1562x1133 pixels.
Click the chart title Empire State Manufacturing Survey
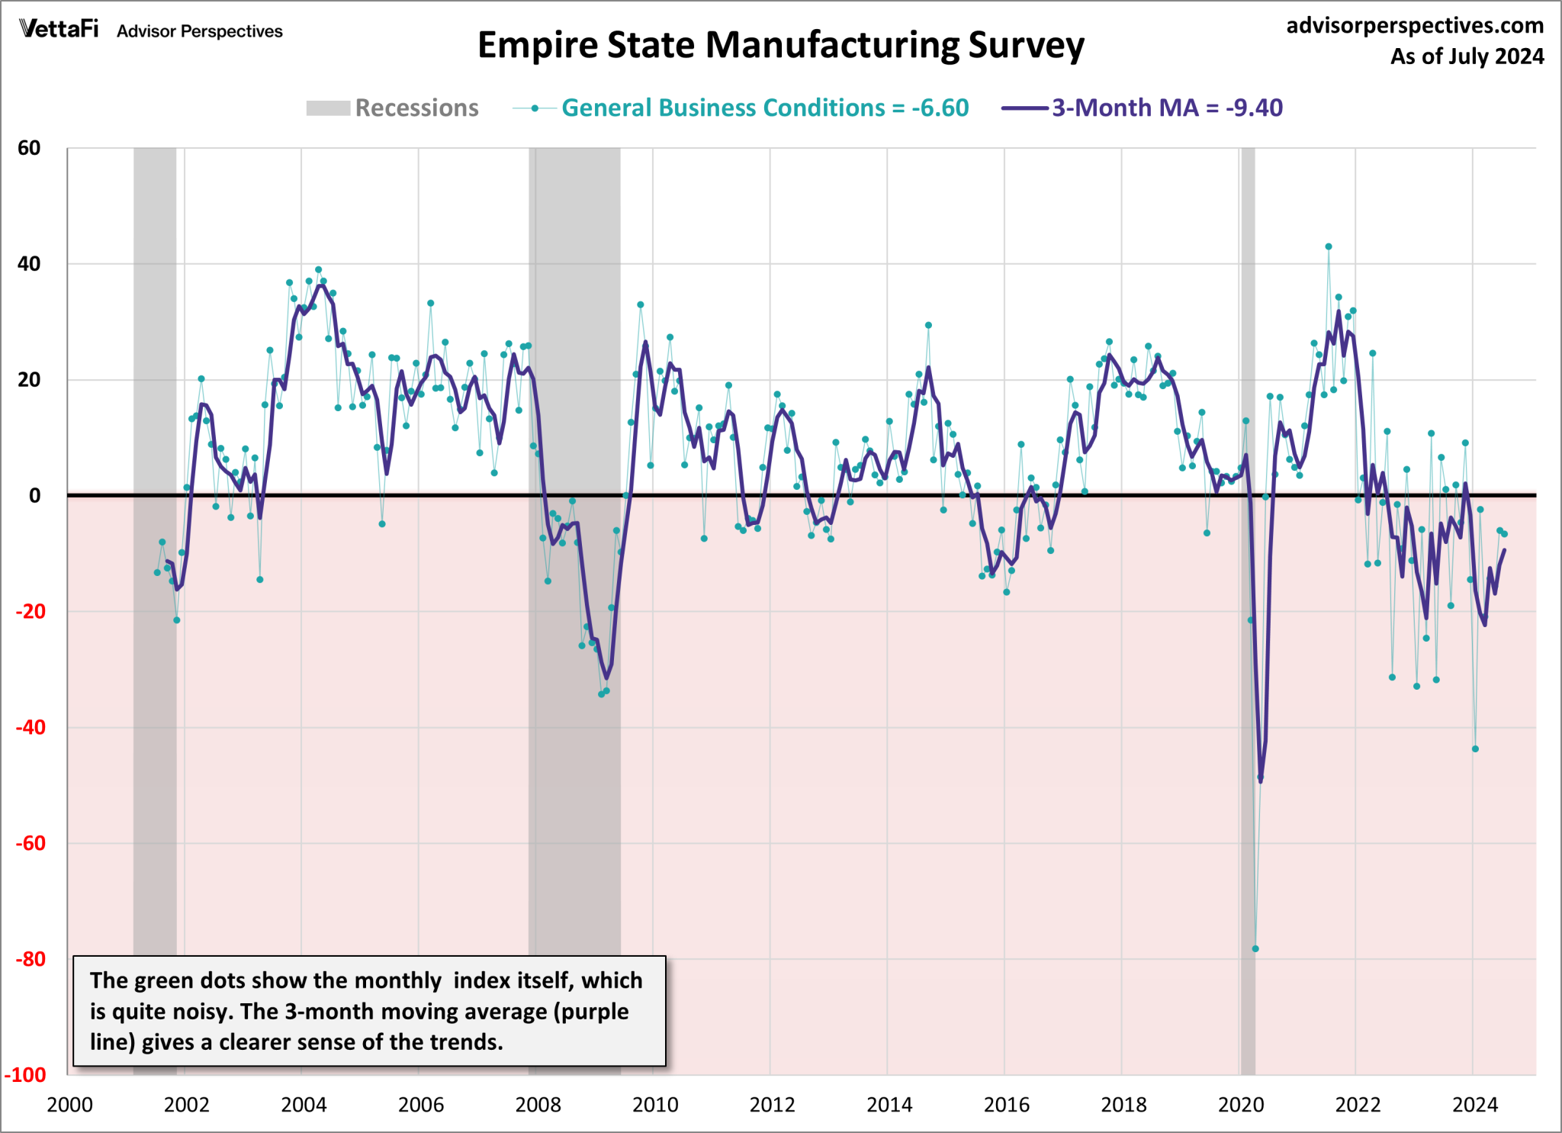[780, 45]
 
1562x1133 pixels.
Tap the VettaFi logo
[59, 29]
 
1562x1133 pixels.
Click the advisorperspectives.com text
[1415, 26]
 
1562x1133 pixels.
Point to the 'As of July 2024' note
[1467, 57]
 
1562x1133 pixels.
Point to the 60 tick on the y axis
[29, 148]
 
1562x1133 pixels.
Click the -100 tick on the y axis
[25, 1075]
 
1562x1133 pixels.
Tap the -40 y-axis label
[29, 727]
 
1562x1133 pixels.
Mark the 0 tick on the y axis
[34, 496]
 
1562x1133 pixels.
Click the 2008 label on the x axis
[538, 1105]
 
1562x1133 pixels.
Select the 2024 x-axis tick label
[1474, 1105]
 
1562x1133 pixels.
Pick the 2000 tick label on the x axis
[69, 1105]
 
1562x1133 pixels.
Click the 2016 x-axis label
[1006, 1105]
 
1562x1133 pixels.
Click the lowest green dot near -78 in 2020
[1255, 949]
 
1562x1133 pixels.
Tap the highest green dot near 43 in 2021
[1329, 246]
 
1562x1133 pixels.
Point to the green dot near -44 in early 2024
[1475, 749]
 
